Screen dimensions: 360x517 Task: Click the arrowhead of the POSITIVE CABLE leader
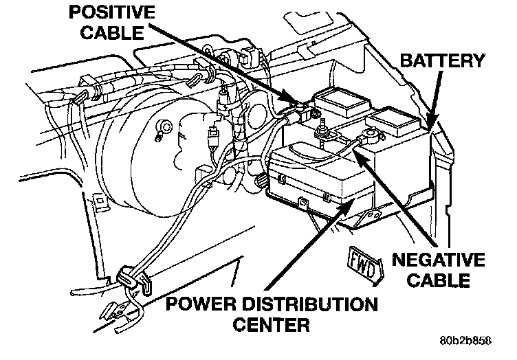[302, 105]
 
